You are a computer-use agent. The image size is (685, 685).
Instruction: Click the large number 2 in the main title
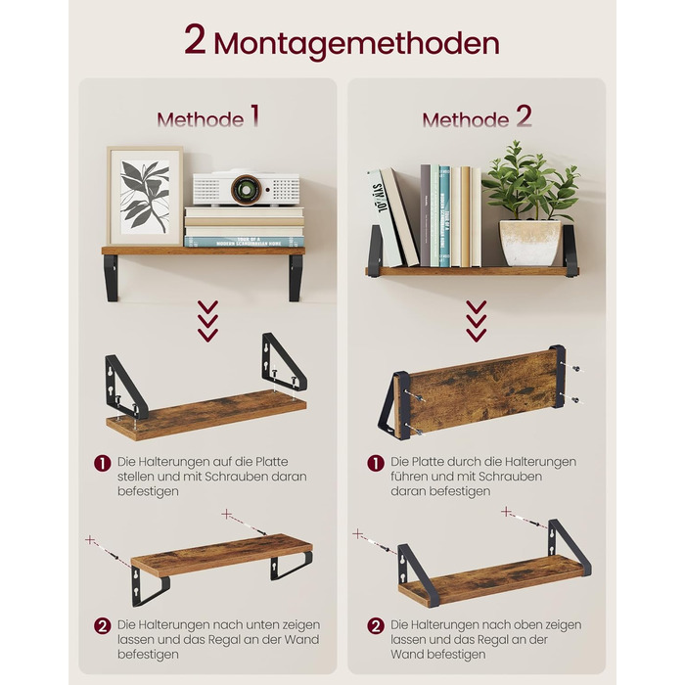[x=195, y=39]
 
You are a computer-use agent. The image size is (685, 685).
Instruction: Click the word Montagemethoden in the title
[x=356, y=44]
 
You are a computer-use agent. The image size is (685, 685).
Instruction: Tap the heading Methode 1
[x=208, y=117]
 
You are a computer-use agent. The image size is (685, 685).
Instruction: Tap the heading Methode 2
[x=478, y=117]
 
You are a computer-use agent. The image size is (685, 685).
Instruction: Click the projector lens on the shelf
[x=246, y=189]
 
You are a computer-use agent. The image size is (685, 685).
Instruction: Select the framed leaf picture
[x=145, y=196]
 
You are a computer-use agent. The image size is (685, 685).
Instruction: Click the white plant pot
[x=530, y=243]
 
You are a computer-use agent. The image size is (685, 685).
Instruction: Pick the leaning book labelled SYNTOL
[x=384, y=218]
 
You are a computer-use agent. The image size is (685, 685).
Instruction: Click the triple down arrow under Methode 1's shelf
[x=207, y=321]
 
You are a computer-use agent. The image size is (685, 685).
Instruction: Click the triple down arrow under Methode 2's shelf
[x=477, y=321]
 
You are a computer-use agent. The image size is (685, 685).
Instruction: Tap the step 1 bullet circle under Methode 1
[x=103, y=463]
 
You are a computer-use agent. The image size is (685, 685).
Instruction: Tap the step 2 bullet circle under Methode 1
[x=103, y=626]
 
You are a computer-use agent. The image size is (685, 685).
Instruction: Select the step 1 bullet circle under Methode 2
[x=376, y=463]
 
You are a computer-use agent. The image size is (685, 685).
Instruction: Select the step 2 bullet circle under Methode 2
[x=376, y=626]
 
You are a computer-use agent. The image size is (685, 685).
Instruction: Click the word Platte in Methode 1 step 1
[x=271, y=462]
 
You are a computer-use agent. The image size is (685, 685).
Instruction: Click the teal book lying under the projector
[x=244, y=241]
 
